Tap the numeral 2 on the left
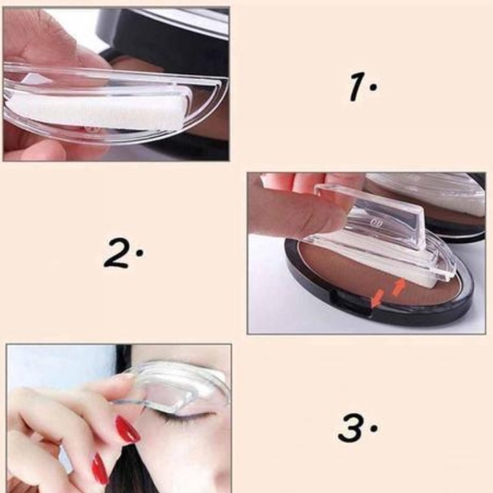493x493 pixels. click(x=118, y=252)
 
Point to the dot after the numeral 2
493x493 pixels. click(x=140, y=252)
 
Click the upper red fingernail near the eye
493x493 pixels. click(x=127, y=428)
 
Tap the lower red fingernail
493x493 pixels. click(x=99, y=468)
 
